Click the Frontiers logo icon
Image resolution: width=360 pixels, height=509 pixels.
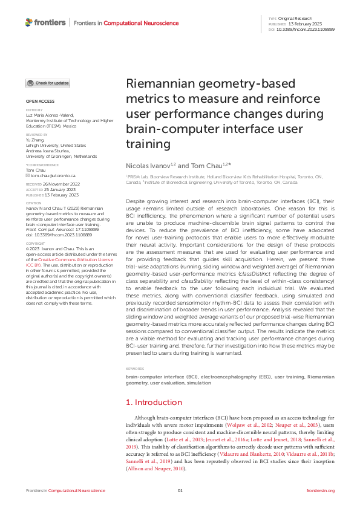[30, 22]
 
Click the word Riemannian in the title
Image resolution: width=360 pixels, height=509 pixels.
[158, 85]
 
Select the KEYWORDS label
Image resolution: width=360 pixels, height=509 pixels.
[135, 368]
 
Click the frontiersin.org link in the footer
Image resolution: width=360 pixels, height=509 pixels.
[321, 490]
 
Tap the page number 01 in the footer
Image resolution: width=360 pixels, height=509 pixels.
[180, 490]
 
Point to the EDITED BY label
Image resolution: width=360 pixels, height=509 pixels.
[34, 110]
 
